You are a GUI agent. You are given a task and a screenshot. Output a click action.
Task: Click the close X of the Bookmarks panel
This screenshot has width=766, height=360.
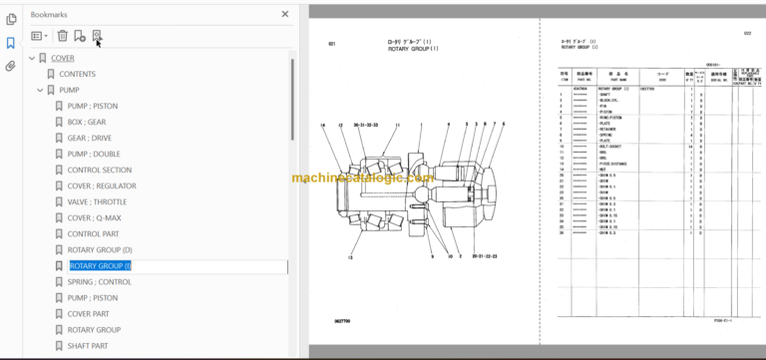285,15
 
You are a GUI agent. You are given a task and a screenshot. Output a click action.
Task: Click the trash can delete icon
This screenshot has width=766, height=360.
62,36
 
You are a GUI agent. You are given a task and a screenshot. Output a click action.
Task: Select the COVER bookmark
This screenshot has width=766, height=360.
62,58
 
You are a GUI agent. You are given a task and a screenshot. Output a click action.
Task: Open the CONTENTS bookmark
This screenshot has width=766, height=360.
77,74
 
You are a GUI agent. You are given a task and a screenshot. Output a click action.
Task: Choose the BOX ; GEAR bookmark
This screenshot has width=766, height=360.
86,122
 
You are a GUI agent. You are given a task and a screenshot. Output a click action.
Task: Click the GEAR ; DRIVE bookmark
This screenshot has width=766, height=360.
89,138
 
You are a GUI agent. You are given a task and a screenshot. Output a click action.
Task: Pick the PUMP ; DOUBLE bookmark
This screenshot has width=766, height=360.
93,154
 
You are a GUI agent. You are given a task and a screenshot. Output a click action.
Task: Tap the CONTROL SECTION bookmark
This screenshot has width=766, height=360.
99,170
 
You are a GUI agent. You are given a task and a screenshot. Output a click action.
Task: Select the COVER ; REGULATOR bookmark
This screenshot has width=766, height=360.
101,185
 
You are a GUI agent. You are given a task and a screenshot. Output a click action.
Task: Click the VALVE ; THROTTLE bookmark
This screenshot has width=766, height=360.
97,201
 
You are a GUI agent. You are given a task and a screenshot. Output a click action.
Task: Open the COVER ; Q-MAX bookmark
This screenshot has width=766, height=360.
95,217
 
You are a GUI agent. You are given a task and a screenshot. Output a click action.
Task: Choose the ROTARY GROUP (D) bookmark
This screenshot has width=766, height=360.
99,249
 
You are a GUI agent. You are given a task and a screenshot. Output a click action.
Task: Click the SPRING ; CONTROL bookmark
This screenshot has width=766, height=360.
99,282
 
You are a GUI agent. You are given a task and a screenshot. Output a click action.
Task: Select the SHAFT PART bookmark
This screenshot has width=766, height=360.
88,346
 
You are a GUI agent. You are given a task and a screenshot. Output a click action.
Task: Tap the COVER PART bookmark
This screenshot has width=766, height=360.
88,313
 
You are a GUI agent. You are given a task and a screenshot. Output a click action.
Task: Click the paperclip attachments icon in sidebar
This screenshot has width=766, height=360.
11,67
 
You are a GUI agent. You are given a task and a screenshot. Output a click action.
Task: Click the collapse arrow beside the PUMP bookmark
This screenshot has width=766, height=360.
40,90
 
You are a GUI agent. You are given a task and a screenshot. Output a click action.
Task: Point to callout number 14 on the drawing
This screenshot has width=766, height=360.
324,125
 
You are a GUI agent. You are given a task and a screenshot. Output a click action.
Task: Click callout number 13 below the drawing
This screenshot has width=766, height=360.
350,258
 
